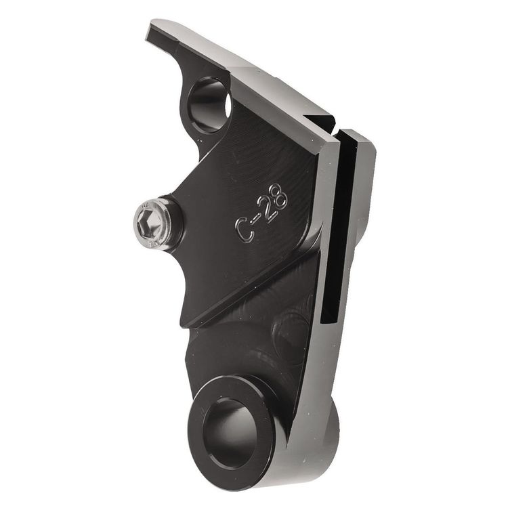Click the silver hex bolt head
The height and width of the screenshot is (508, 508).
coord(149,224)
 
